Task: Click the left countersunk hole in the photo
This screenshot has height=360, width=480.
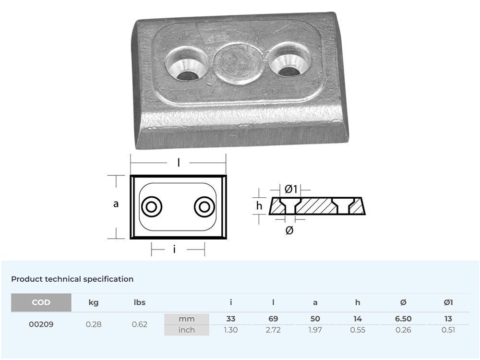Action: click(187, 65)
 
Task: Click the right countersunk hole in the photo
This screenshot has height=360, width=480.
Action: click(289, 64)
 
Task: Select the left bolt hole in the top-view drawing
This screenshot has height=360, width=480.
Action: click(151, 207)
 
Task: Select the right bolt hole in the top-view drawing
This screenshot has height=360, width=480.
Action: click(204, 207)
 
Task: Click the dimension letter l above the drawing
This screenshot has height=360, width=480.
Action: click(179, 163)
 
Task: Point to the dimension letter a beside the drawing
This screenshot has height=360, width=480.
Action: click(116, 204)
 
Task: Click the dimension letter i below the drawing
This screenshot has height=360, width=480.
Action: click(174, 249)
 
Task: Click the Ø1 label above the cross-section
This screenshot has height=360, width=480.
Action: click(291, 189)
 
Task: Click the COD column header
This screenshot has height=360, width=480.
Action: click(41, 302)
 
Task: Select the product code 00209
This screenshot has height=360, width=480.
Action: click(41, 324)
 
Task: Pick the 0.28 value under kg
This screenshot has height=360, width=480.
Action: click(94, 324)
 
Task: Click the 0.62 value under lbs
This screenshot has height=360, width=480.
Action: click(140, 324)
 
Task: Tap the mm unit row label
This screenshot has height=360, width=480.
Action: click(187, 319)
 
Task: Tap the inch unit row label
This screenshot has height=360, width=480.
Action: click(187, 330)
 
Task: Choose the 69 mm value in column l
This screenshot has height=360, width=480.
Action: click(273, 319)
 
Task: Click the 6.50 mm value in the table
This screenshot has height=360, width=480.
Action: click(403, 319)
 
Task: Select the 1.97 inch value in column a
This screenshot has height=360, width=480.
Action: click(315, 330)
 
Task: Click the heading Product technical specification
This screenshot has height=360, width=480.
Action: click(72, 279)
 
